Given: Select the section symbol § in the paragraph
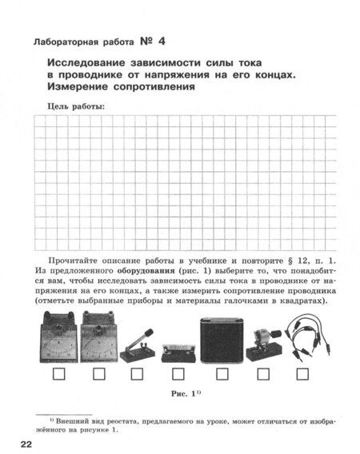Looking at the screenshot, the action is click(x=286, y=261).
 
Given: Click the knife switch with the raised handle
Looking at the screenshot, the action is click(x=133, y=342).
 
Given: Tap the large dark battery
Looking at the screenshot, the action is click(x=221, y=338).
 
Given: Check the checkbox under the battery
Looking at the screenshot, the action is click(x=220, y=372).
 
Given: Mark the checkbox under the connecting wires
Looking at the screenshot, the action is click(x=302, y=372).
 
